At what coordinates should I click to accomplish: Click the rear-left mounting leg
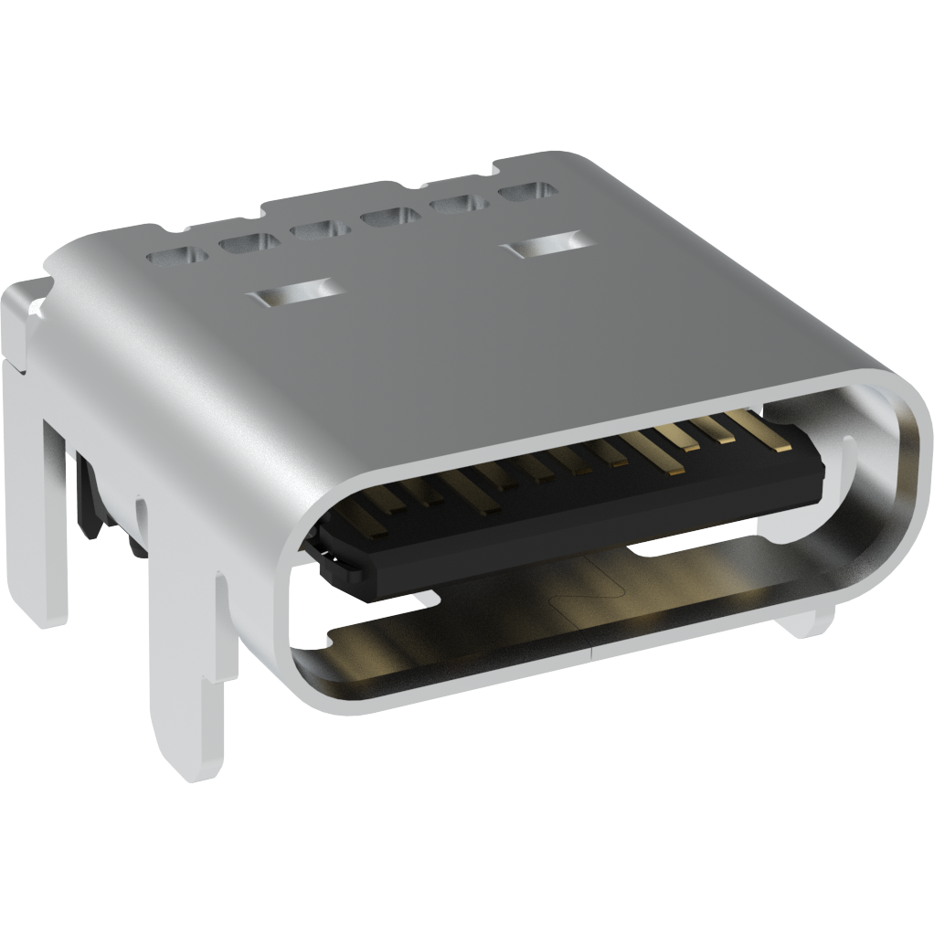pos(41,512)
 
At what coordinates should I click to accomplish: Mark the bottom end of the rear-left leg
pos(41,612)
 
